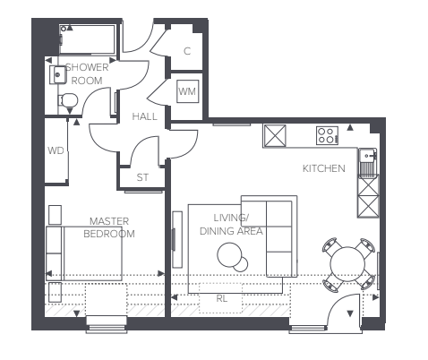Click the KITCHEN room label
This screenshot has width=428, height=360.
coord(323,168)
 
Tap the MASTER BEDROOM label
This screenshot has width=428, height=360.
coord(110,227)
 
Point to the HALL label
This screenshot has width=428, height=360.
coord(145,117)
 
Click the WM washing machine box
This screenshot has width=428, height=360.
coord(187,91)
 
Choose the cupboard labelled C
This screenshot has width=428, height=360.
coord(186,51)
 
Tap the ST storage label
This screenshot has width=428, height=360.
coord(142,177)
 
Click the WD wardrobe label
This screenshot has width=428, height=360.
coord(56,150)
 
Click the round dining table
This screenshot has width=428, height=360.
coord(347,263)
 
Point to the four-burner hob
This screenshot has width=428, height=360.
coord(327,136)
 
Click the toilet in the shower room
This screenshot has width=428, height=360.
coord(68,101)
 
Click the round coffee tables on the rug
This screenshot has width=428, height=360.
coord(233,258)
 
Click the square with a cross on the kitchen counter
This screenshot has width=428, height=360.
coord(275,136)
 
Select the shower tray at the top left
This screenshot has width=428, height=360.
coord(87,40)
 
